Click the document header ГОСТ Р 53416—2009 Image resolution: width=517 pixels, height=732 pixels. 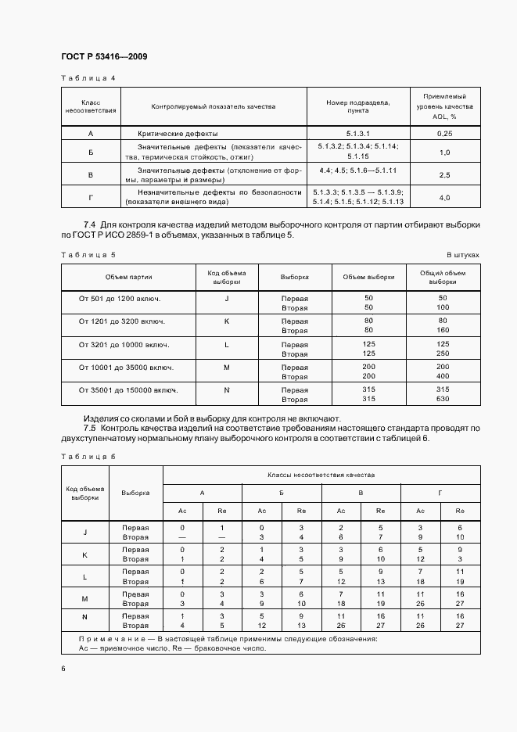pos(104,56)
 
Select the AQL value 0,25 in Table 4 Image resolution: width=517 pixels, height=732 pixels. pos(444,134)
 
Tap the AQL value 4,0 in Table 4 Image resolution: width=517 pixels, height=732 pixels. pos(444,198)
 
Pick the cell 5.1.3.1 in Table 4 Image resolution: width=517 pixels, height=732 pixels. pos(357,134)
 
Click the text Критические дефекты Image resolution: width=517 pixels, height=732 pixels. pos(178,134)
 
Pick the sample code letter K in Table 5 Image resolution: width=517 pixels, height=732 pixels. pos(227,321)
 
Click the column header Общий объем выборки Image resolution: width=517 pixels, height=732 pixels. pos(443,277)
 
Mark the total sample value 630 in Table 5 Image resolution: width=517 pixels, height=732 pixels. pos(443,399)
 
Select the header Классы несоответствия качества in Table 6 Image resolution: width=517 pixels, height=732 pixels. pos(321,475)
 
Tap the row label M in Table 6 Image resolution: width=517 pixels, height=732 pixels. pos(85,599)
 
